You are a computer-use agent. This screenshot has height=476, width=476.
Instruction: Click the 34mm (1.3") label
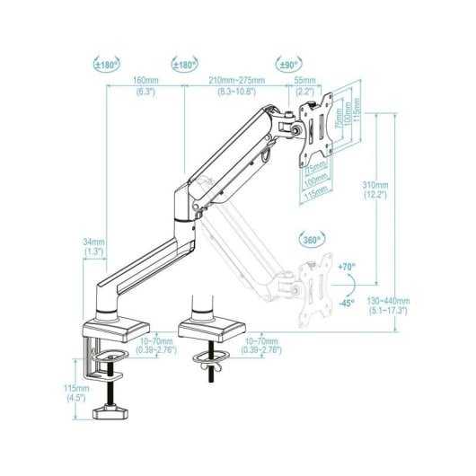pos(93,247)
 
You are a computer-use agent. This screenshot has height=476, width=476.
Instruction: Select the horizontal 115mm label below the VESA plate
pos(315,192)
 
